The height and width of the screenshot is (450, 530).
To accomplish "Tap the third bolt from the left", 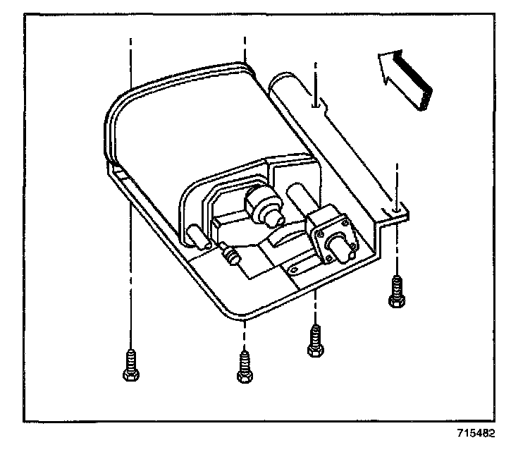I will [314, 341].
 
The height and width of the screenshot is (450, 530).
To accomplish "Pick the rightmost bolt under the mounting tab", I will [396, 291].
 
